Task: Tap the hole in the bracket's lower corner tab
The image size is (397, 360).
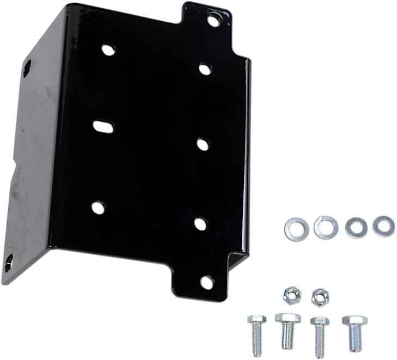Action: [207, 282]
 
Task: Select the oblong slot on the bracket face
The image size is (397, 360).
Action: [102, 126]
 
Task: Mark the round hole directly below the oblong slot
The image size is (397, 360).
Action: [97, 208]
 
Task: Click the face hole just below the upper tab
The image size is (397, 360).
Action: [204, 69]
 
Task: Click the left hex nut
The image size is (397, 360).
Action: [289, 296]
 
